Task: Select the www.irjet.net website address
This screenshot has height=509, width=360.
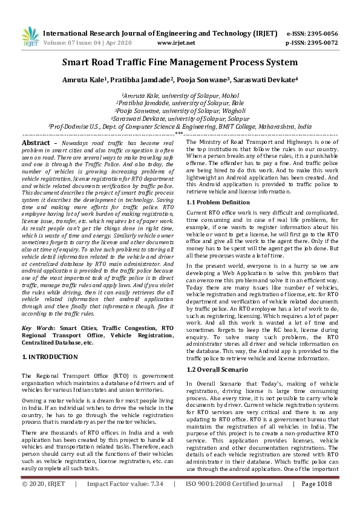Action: pos(175,43)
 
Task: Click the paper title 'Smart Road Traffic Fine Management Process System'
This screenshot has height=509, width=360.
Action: pos(180,62)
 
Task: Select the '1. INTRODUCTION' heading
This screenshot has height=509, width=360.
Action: pos(50,357)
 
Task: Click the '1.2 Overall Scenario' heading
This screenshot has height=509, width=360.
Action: pos(217,369)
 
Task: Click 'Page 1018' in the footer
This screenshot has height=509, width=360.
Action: pos(316,501)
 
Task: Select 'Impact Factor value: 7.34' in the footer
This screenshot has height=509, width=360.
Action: pos(125,501)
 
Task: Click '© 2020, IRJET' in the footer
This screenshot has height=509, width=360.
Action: pos(44,501)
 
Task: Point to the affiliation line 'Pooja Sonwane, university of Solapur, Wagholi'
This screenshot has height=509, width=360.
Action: pos(180,111)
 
